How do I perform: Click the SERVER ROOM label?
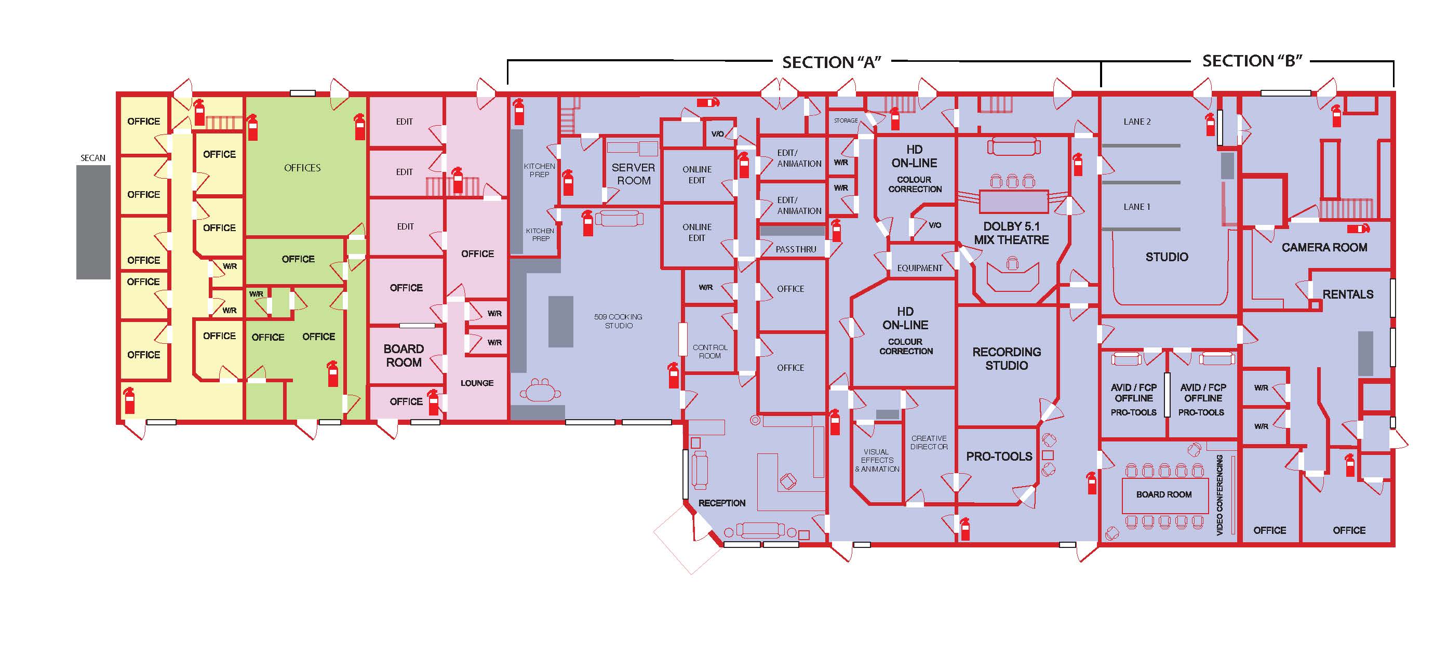tap(634, 173)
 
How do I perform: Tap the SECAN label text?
tap(93, 158)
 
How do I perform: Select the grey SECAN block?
tap(93, 222)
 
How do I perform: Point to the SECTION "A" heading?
tap(832, 62)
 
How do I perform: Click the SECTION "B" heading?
tap(1252, 61)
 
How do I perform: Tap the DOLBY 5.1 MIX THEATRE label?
tap(1011, 233)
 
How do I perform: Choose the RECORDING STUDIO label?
tap(1007, 358)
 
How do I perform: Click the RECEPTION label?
tap(722, 503)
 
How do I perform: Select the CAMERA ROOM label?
tap(1324, 247)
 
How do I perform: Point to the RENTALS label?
tap(1348, 294)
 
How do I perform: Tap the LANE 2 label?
tap(1137, 122)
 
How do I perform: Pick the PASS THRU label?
tap(796, 249)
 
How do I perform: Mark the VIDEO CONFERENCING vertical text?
tap(1219, 495)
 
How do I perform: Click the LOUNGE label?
tap(477, 383)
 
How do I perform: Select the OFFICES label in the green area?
tap(302, 168)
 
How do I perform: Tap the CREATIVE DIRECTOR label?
tap(929, 443)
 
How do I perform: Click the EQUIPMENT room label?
tap(920, 269)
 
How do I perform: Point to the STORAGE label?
tap(846, 120)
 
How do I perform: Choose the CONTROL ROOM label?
tap(710, 351)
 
